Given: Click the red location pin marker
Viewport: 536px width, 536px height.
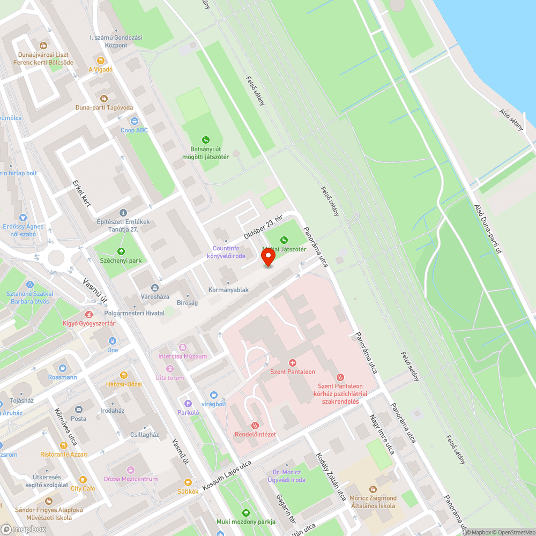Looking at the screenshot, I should coord(268,257).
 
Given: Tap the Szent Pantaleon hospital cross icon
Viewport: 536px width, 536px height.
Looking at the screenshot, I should coord(293,363).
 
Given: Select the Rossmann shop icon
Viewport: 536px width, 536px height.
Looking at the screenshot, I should coord(63,368).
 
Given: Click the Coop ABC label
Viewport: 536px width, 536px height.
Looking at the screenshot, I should coord(134,130).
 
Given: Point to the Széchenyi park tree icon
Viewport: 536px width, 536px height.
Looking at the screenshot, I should coord(121,251).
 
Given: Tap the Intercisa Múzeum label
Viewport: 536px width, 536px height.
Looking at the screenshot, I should coord(182,356).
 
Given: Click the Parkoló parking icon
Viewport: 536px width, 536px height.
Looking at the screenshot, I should coord(188,404).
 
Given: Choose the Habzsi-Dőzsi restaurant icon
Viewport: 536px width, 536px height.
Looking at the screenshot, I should coord(124,375).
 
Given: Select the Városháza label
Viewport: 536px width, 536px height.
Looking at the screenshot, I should coord(154,296).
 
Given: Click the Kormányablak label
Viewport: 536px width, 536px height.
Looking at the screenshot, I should coord(228,290).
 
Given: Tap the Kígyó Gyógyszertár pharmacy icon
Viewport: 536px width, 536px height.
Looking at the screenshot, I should coord(89,315).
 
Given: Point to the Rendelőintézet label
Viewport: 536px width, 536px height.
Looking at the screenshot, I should coord(255,434).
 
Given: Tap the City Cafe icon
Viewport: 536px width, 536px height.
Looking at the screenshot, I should coord(83,480).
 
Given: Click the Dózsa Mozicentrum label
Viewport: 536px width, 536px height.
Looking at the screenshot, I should coord(131,479).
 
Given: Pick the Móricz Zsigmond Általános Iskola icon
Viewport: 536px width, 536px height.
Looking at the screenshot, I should coord(373,489).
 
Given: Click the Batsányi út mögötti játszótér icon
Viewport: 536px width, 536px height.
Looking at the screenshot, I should coord(206,140).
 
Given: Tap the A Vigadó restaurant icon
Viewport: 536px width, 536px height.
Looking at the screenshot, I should coord(100,61).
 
